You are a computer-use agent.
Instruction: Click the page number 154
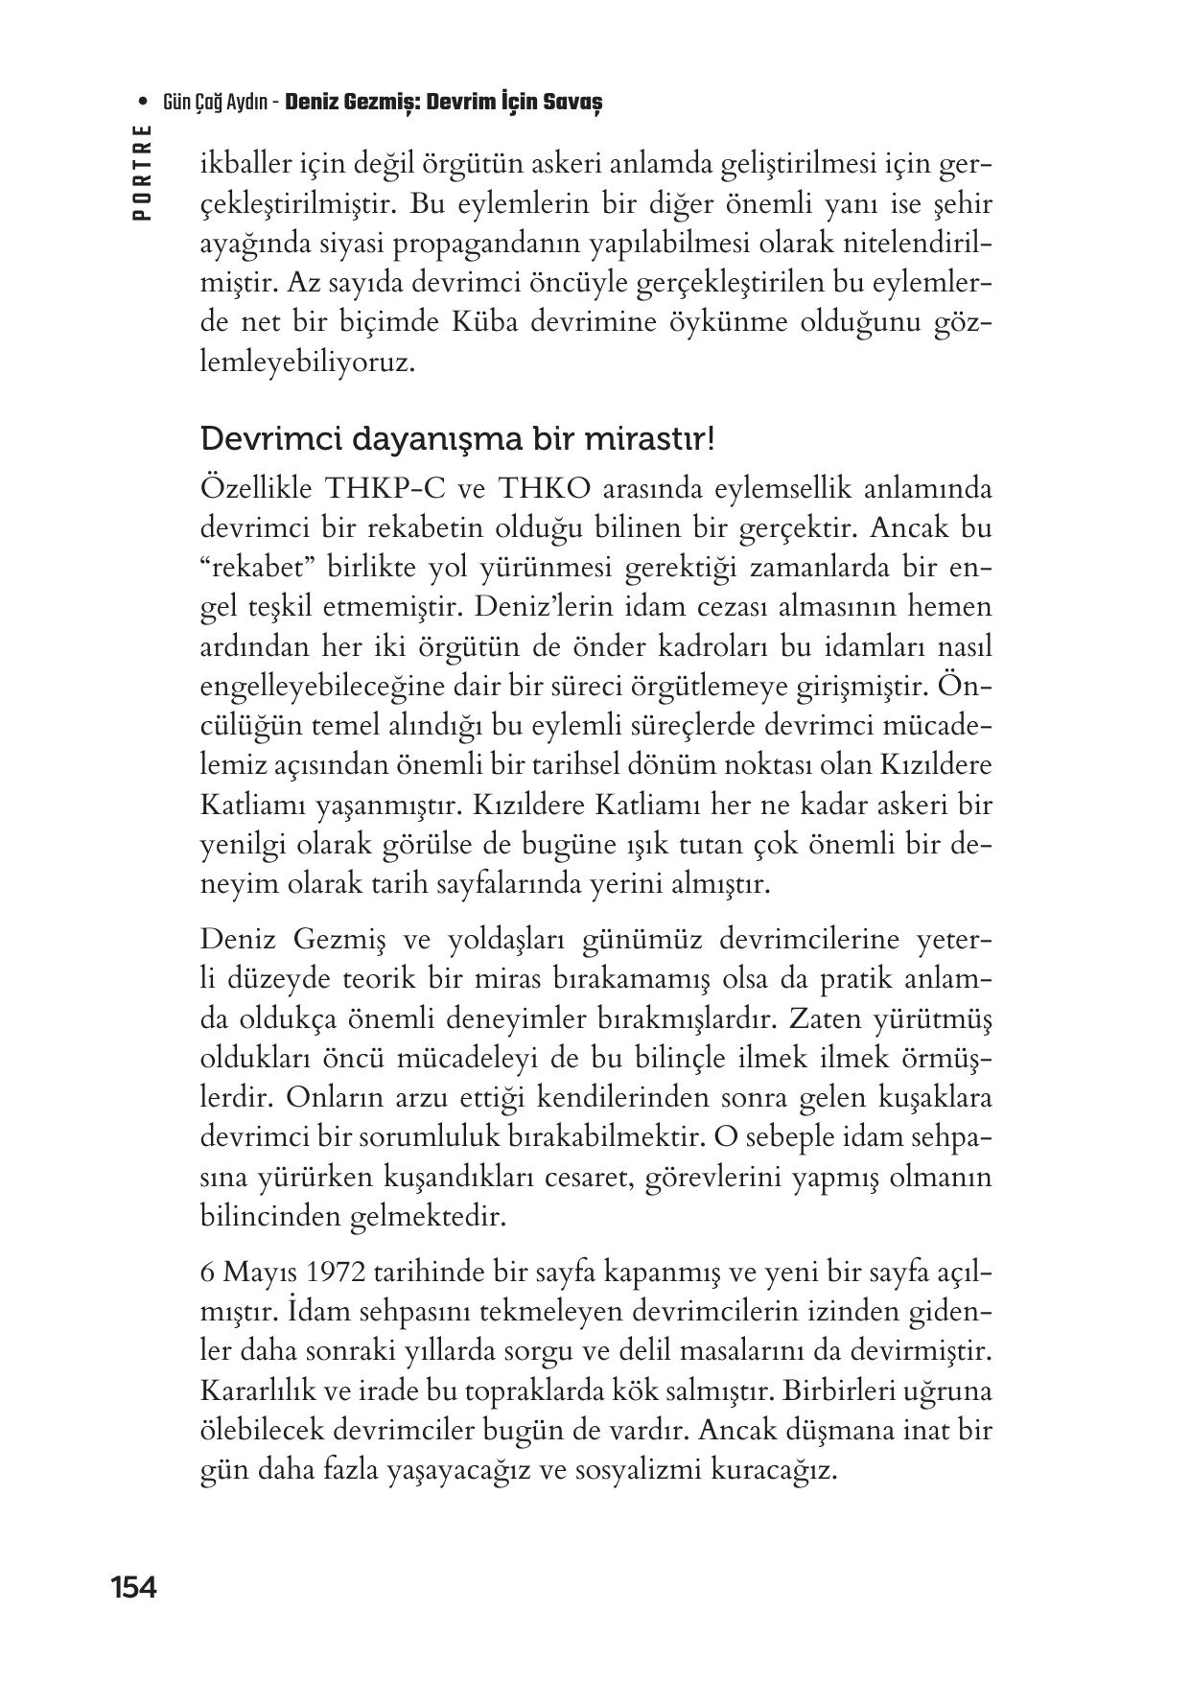point(133,1587)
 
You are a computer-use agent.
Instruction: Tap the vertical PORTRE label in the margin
point(143,174)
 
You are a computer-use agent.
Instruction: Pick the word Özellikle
point(257,488)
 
